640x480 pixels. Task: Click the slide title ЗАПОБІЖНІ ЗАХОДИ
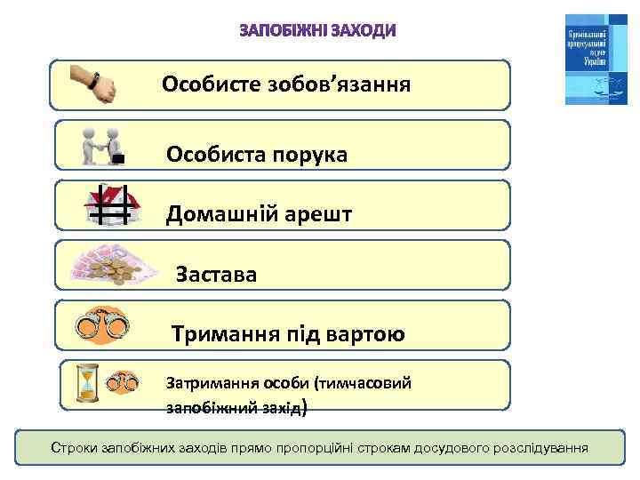coord(318,31)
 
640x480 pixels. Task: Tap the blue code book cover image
coord(596,59)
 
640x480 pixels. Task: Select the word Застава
coord(217,275)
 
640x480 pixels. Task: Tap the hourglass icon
coord(87,383)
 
